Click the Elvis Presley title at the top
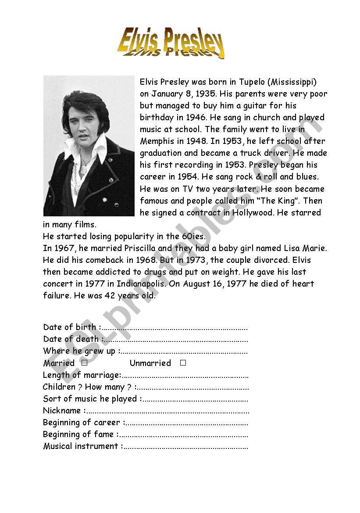(171, 43)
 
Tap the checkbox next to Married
(85, 363)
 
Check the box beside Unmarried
(183, 363)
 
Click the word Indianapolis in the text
(143, 283)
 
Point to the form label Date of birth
(70, 327)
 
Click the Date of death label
(71, 339)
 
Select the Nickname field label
(62, 411)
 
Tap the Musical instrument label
(81, 446)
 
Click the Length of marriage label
(81, 375)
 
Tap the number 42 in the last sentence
(110, 295)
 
